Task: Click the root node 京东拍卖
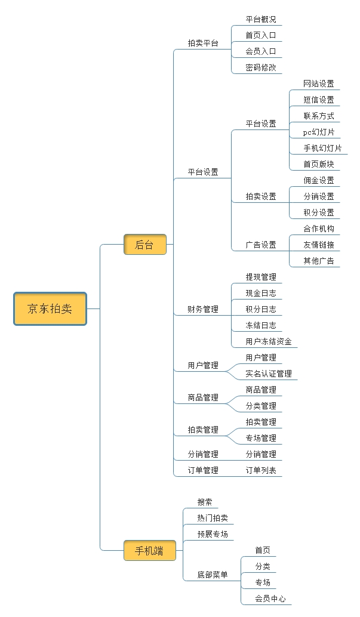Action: pos(50,308)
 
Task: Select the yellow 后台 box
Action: pos(144,244)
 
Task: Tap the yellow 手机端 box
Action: pos(149,551)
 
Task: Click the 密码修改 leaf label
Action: pos(261,67)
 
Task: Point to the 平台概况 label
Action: pos(261,19)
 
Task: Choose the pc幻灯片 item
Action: pos(319,132)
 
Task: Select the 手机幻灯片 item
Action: pos(322,148)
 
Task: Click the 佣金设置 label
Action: pos(319,180)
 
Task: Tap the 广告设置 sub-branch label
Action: pos(261,245)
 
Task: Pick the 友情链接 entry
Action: pos(319,245)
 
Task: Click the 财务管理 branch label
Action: pos(203,309)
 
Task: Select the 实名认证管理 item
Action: pos(269,374)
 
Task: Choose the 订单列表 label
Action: pos(261,470)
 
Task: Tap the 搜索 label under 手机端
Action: pos(205,502)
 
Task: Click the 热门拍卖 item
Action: pos(213,518)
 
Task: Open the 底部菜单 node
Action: pos(213,575)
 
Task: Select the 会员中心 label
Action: pos(270,599)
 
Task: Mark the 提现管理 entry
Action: pos(261,277)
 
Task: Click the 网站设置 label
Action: pos(319,84)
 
